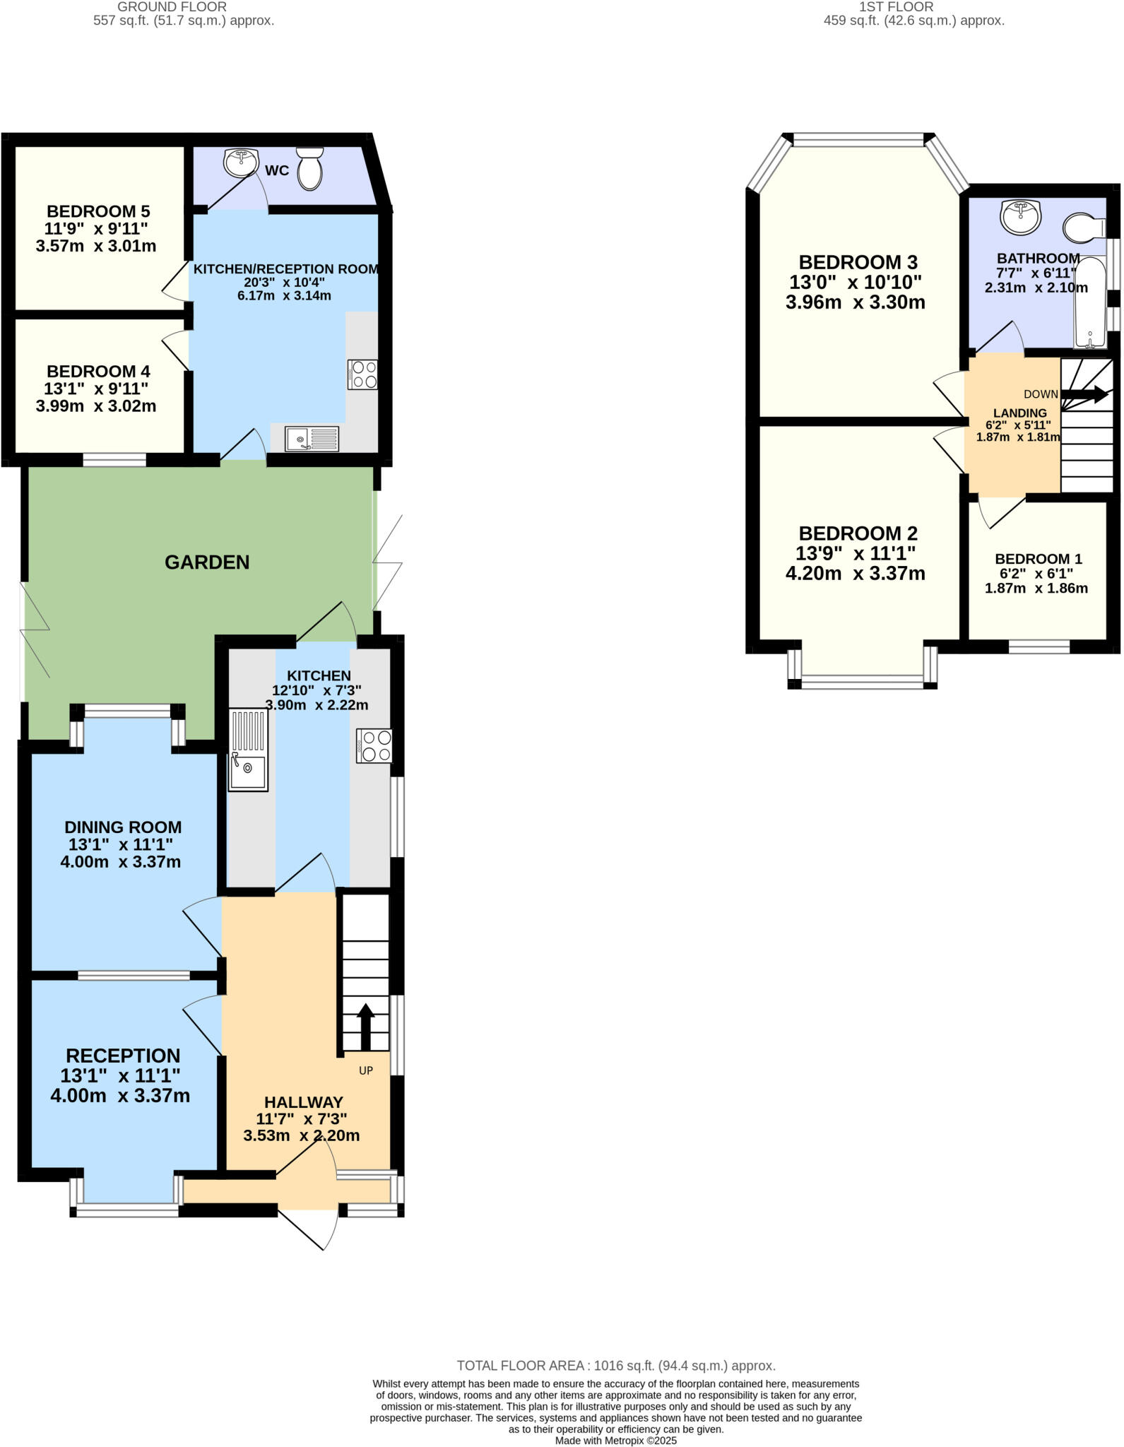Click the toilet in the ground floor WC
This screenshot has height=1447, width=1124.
[310, 170]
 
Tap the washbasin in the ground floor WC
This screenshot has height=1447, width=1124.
[241, 163]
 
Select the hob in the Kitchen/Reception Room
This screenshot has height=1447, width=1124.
[362, 374]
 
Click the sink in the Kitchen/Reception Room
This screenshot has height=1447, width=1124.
[312, 439]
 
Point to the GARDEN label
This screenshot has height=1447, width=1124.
[207, 562]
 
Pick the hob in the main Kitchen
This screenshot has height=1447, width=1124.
[374, 746]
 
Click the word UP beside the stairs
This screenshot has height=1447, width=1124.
[366, 1070]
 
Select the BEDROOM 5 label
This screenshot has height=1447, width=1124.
[98, 211]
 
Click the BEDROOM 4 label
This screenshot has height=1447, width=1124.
[98, 372]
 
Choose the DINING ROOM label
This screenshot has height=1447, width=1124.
[123, 827]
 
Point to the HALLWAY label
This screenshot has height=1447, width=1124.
[304, 1102]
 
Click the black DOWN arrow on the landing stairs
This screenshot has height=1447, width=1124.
[1084, 395]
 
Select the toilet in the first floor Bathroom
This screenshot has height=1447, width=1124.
[1083, 228]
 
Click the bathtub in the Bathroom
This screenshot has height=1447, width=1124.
[1091, 304]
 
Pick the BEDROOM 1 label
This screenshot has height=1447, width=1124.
[1039, 559]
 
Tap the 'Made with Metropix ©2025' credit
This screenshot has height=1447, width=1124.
[616, 1441]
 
